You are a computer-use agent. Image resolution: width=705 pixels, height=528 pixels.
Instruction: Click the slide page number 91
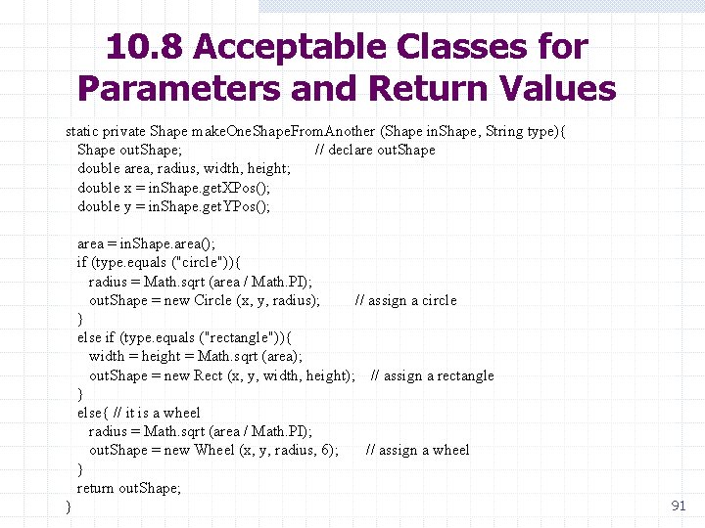pos(678,506)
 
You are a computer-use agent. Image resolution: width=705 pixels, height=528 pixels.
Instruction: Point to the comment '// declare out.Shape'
pos(375,150)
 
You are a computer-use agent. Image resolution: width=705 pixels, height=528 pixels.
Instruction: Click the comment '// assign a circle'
pos(405,300)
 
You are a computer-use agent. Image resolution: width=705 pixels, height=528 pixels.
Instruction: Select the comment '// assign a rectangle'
pos(433,375)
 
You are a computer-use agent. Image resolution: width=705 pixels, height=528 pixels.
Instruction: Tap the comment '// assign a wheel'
pos(417,450)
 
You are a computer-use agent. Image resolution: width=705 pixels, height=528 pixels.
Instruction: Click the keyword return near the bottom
pos(95,488)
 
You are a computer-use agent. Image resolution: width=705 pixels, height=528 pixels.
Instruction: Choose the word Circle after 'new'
pos(212,300)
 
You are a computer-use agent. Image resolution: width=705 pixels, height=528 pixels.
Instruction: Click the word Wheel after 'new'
pos(214,450)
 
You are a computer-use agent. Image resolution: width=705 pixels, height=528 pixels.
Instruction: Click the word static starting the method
pos(83,131)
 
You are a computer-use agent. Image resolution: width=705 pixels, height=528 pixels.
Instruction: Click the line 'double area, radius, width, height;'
pos(184,168)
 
